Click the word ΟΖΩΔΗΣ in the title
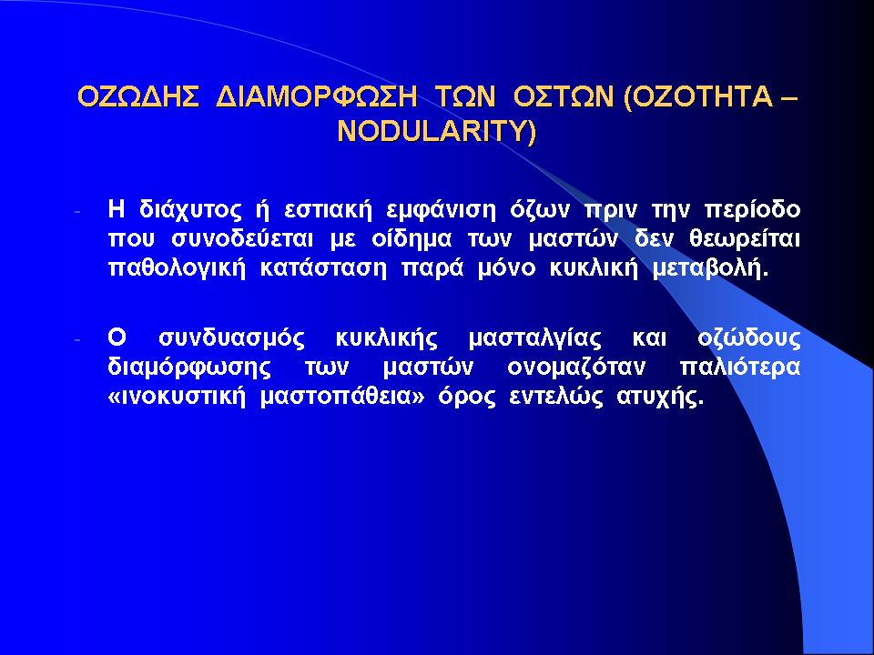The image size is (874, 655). click(138, 97)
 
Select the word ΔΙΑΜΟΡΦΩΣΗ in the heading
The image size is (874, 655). click(317, 97)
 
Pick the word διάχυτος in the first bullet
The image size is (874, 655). click(191, 210)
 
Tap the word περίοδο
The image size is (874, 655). click(753, 211)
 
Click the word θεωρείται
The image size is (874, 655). click(744, 240)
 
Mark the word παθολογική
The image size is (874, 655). click(177, 269)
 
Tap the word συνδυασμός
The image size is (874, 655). click(232, 339)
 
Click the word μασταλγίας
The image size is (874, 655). click(535, 339)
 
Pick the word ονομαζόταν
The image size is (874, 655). click(576, 368)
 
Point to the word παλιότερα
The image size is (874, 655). click(740, 368)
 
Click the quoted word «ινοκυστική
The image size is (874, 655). click(177, 398)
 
